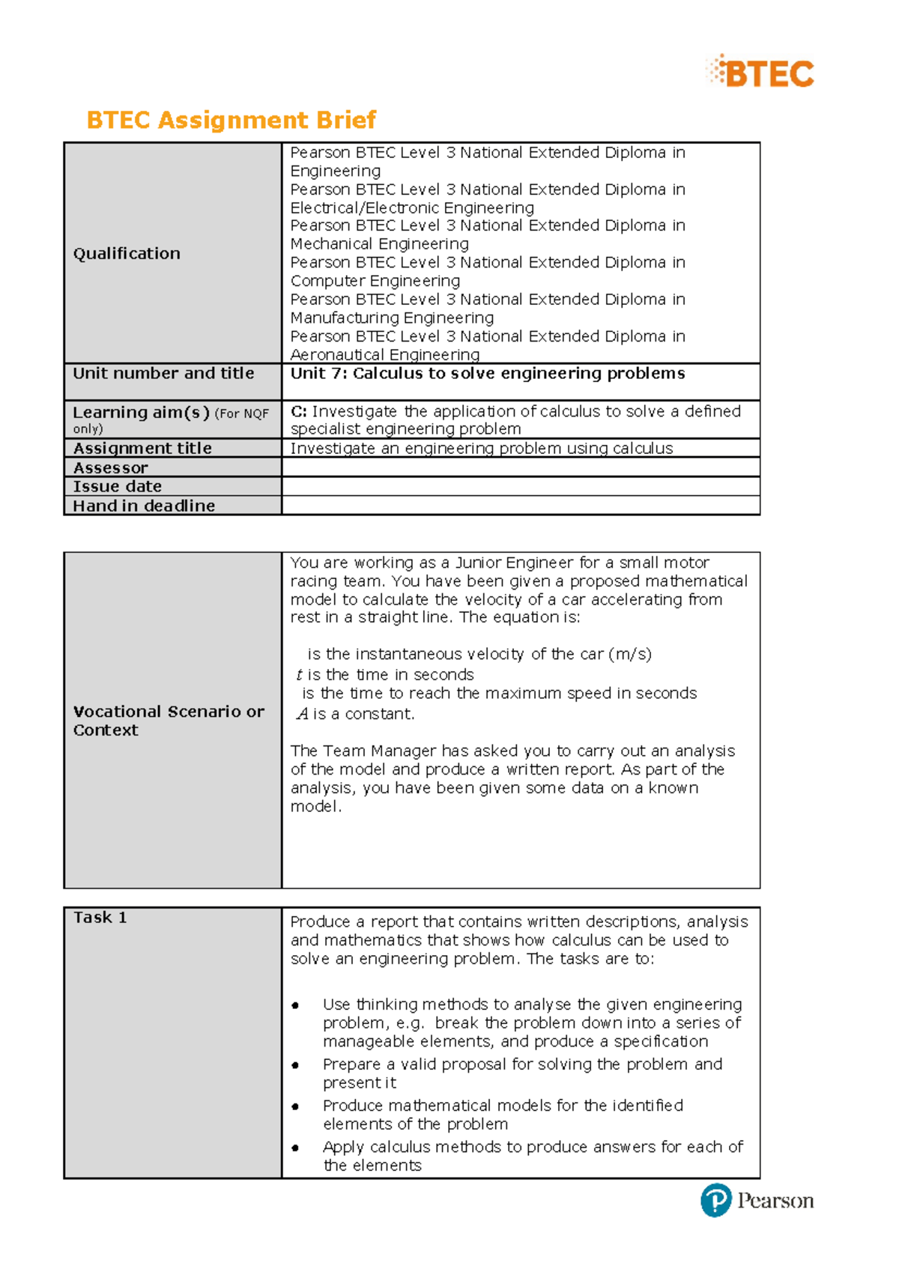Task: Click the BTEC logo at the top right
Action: point(760,73)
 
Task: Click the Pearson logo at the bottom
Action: point(757,1200)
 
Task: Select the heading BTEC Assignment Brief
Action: point(231,120)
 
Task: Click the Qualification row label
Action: point(127,253)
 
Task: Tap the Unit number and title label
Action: point(163,373)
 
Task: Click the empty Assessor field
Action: point(520,467)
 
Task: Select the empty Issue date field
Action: point(520,486)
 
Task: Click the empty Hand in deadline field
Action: point(520,506)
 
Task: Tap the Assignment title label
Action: point(142,448)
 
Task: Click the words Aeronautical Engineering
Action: point(385,354)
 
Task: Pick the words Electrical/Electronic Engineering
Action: point(412,208)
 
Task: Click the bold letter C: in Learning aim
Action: point(298,411)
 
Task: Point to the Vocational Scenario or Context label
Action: point(168,720)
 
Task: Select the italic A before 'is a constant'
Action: point(303,714)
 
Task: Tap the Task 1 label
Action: point(100,917)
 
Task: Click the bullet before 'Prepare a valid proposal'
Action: point(296,1065)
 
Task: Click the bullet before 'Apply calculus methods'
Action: point(296,1148)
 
